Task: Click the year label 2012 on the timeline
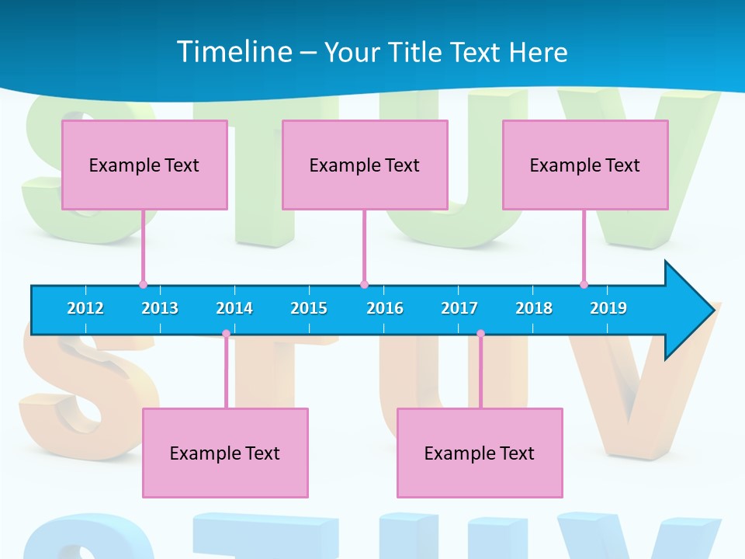[85, 308]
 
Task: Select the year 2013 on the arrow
[160, 308]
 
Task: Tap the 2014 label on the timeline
[234, 308]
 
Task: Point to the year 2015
[309, 308]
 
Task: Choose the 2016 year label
[385, 308]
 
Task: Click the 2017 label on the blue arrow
[459, 308]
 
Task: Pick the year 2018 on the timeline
[534, 308]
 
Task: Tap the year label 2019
[608, 308]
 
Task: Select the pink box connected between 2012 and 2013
[144, 165]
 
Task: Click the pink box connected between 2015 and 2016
[365, 165]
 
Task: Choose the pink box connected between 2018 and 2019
[585, 165]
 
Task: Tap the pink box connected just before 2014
[225, 453]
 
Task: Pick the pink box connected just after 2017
[480, 453]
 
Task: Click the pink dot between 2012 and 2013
[143, 285]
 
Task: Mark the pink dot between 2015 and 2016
[364, 285]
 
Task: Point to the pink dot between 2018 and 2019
[584, 285]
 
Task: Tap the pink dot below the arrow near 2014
[226, 334]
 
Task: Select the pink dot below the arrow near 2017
[480, 334]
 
